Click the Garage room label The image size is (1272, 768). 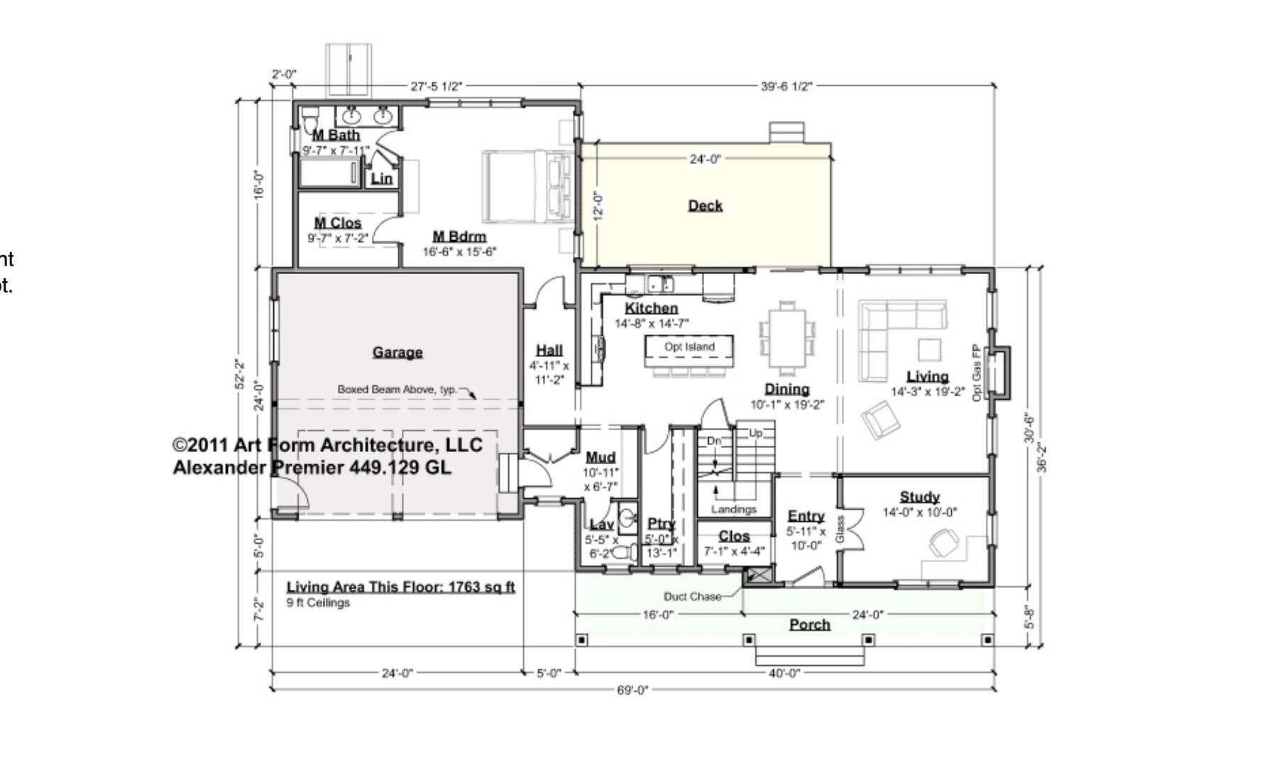397,352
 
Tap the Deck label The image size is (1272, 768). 705,205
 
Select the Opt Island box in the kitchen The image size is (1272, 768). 689,347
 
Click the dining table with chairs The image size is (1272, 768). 787,338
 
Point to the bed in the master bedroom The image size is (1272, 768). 526,186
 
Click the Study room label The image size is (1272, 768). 919,497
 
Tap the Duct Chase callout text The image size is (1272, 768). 692,597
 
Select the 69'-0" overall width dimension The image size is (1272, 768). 632,690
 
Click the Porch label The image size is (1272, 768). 810,625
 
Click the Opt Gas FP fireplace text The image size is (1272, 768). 976,373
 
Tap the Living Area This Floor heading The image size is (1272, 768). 400,587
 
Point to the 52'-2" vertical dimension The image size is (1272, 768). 241,374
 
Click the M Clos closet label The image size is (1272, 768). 338,223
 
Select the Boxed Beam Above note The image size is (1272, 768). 397,389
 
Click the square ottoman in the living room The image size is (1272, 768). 929,350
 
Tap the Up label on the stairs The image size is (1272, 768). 756,433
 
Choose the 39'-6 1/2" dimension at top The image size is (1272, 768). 786,87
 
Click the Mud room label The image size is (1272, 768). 601,457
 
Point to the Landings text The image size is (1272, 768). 733,509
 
